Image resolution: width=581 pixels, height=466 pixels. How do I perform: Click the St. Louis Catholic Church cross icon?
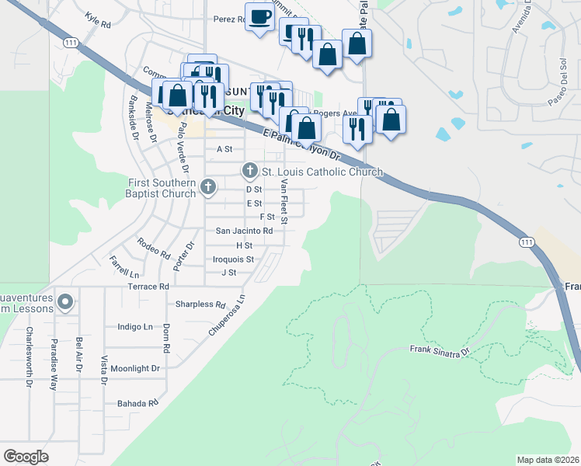click(x=250, y=170)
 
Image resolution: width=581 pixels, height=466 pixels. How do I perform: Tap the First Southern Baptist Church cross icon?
click(x=207, y=186)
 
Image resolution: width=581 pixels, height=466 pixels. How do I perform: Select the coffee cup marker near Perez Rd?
click(x=260, y=16)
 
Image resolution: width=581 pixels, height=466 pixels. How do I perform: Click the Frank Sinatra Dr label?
click(x=440, y=351)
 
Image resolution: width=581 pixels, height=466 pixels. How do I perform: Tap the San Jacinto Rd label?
click(x=244, y=231)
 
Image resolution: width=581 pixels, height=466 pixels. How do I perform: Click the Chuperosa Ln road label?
click(x=227, y=315)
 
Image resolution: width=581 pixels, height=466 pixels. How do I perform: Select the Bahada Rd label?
click(x=137, y=403)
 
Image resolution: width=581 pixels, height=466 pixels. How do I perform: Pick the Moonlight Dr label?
click(x=135, y=369)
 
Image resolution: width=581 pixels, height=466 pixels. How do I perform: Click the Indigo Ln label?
click(x=135, y=328)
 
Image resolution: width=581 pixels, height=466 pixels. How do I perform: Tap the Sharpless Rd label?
click(x=200, y=304)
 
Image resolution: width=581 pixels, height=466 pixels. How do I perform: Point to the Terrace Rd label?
click(x=148, y=287)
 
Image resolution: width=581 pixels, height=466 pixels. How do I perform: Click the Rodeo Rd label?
click(x=153, y=248)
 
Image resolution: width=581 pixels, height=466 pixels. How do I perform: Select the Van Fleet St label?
click(x=284, y=202)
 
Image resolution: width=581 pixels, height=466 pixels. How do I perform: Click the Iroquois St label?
click(x=233, y=259)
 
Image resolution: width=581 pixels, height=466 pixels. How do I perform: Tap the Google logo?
click(x=26, y=457)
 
